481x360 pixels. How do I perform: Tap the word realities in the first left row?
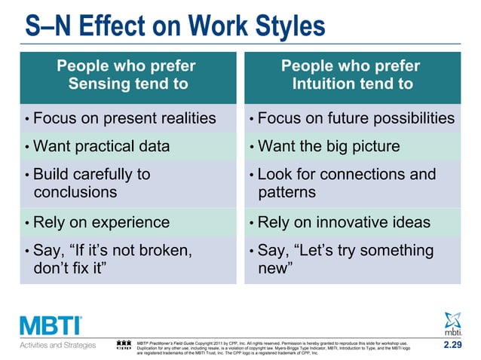click(181, 118)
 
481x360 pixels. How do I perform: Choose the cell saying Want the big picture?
click(329, 146)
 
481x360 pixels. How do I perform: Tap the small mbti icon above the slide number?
click(455, 324)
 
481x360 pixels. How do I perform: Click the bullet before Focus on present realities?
click(27, 119)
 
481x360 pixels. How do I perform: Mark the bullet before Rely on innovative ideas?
click(251, 223)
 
